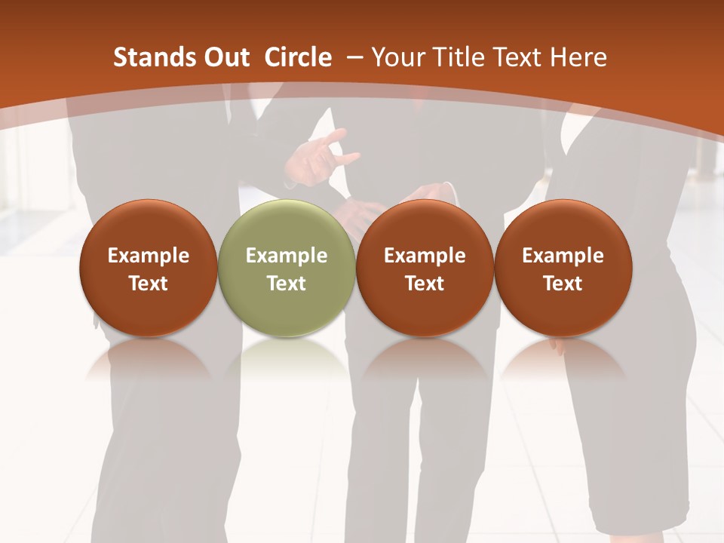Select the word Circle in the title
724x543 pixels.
(x=298, y=57)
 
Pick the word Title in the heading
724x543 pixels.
(x=453, y=57)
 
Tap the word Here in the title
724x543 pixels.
(x=578, y=57)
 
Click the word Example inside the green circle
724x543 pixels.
(x=287, y=256)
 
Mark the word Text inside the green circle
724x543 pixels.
(x=287, y=284)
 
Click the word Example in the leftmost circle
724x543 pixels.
(x=149, y=256)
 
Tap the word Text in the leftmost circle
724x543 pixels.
(x=149, y=284)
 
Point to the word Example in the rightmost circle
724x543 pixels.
(x=563, y=256)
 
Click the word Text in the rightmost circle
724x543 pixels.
(x=563, y=284)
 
